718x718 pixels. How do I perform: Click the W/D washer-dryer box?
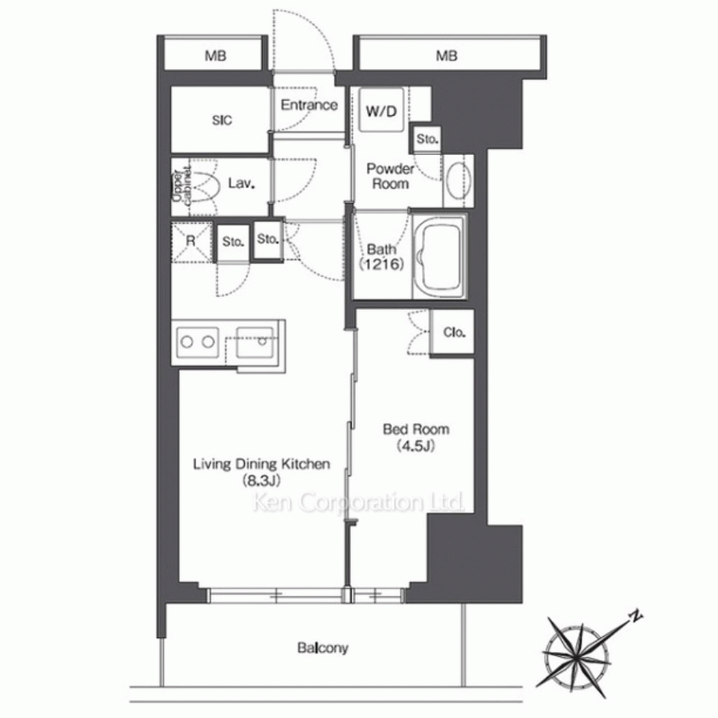381,110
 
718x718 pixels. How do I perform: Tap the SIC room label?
222,120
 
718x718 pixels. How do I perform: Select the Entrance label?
309,105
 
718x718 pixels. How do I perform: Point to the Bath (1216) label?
381,256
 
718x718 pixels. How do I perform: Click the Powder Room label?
390,177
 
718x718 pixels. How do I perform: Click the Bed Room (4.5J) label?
416,437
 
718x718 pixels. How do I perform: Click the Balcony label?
323,648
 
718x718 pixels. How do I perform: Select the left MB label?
215,56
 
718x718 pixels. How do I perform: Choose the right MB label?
447,56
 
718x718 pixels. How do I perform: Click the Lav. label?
241,184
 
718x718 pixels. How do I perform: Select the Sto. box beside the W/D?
427,139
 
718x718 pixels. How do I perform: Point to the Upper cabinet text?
182,187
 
